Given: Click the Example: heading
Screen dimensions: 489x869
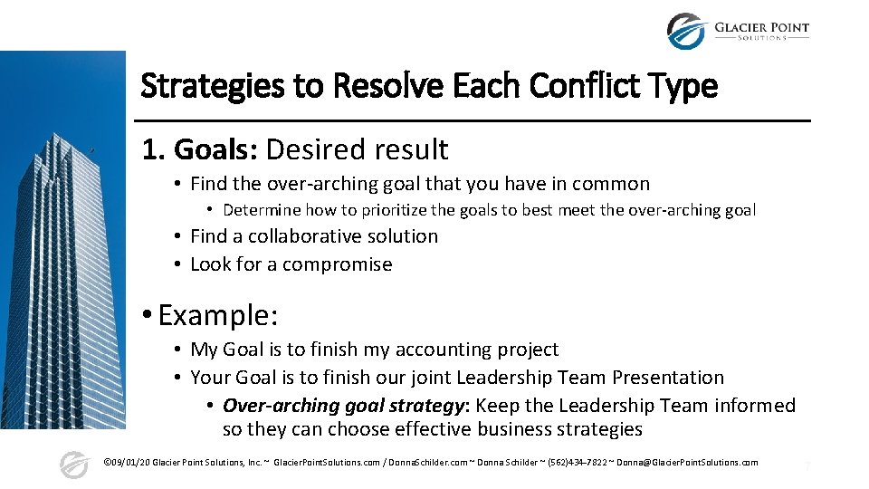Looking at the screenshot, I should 217,315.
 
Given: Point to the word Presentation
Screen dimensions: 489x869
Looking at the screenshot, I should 668,378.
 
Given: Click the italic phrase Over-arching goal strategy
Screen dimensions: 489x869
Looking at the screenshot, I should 345,406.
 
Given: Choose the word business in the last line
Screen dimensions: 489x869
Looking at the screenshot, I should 487,429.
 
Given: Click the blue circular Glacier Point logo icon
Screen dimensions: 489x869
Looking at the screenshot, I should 685,31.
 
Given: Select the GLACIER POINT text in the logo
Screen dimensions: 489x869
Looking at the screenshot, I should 761,26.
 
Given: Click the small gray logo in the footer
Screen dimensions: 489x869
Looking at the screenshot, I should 74,465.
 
